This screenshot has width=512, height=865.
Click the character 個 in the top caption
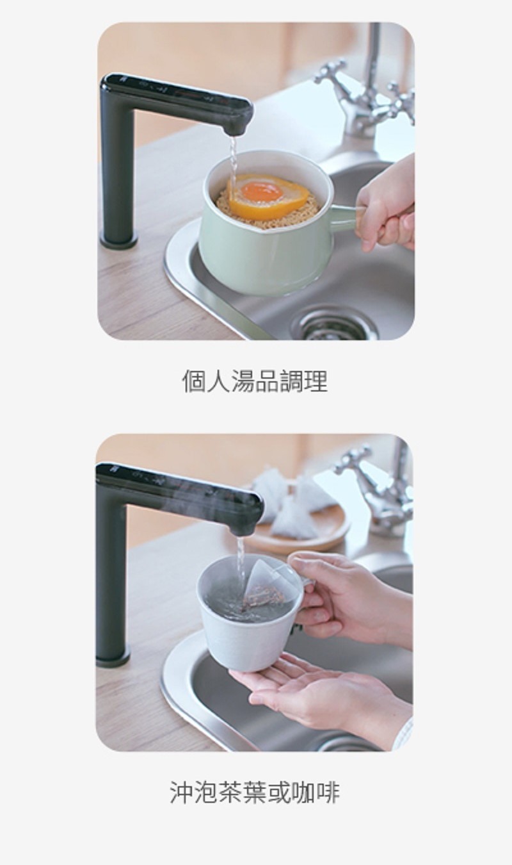[194, 381]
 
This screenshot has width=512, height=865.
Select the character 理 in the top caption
[316, 381]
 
